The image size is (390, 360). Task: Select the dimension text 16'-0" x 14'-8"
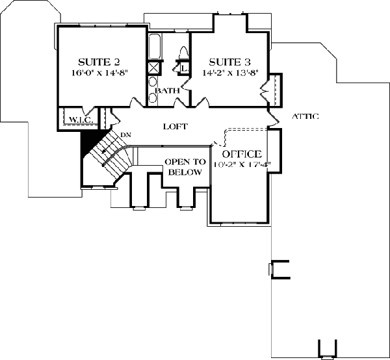tap(99, 73)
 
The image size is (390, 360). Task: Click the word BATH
tap(166, 91)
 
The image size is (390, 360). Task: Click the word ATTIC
tap(305, 117)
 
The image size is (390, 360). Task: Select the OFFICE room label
tap(242, 154)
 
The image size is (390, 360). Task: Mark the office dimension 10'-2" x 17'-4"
tap(242, 164)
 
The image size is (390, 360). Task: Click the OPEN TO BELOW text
tap(185, 167)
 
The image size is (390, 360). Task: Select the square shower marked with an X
tap(155, 68)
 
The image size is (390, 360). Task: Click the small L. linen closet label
tap(184, 67)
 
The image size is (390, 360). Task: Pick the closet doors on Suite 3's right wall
tap(273, 89)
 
